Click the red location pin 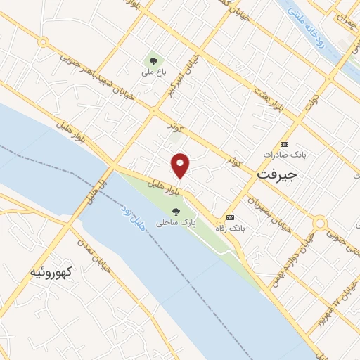[181, 165]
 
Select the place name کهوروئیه [51, 271]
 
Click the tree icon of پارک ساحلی [176, 210]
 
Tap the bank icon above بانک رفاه [230, 217]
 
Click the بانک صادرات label [283, 153]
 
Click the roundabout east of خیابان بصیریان [320, 224]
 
